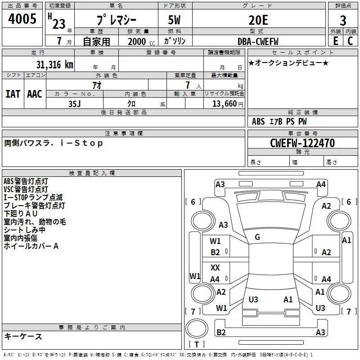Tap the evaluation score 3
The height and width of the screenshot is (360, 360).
tap(343, 21)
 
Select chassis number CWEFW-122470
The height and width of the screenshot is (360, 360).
tap(302, 143)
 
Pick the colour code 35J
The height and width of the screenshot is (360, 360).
tap(74, 103)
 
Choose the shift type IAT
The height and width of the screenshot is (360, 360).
tap(13, 94)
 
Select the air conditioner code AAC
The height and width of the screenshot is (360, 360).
tap(35, 94)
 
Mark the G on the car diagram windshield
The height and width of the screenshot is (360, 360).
tap(257, 237)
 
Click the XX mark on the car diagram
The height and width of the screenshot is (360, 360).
tap(215, 268)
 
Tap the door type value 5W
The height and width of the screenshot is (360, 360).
tap(175, 20)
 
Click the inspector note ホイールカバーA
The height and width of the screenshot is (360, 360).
tap(31, 246)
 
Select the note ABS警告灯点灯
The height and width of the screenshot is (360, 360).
tap(26, 181)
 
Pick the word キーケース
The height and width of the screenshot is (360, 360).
tap(23, 337)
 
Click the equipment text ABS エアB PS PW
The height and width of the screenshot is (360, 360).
tap(279, 121)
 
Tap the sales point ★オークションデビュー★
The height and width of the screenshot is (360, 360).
tap(288, 63)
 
